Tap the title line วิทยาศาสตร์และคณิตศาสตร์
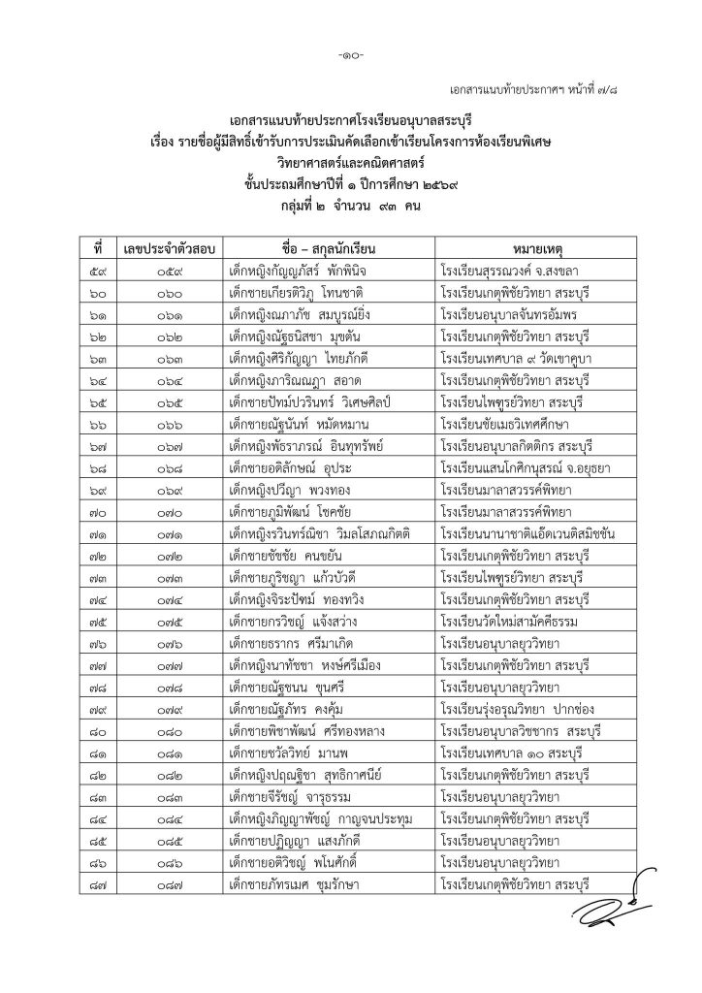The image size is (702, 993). [x=351, y=161]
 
